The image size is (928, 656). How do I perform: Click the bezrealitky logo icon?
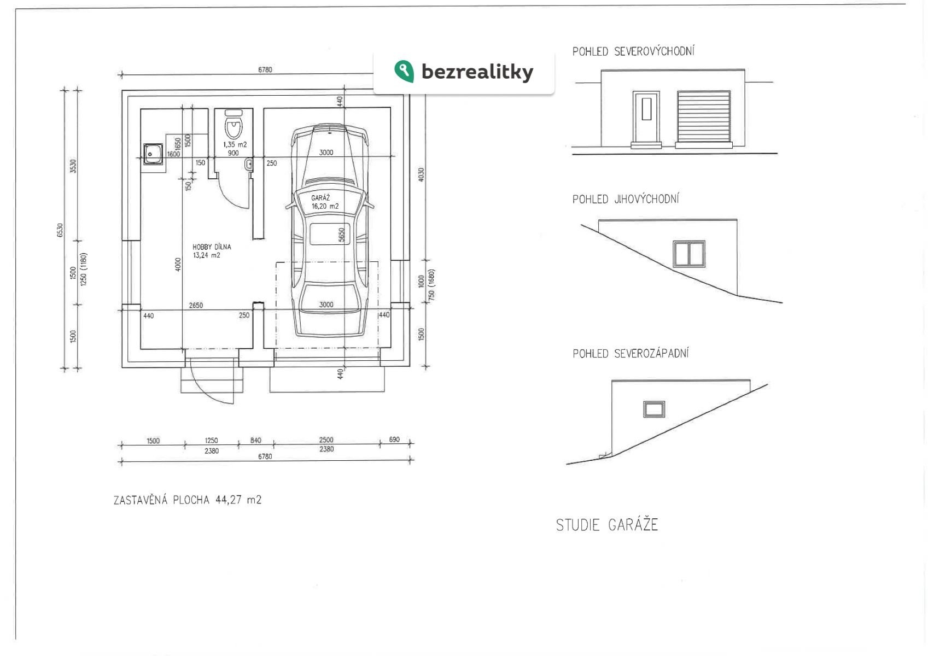(404, 71)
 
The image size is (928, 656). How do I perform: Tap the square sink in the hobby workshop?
(153, 154)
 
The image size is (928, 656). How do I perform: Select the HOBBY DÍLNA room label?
(212, 247)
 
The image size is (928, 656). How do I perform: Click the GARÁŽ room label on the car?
(320, 197)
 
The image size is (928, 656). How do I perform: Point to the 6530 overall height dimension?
(60, 230)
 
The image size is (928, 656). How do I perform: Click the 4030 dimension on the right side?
(421, 174)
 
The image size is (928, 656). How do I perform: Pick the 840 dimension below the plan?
(255, 440)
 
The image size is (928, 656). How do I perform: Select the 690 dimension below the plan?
(394, 440)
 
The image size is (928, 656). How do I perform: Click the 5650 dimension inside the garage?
(341, 235)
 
